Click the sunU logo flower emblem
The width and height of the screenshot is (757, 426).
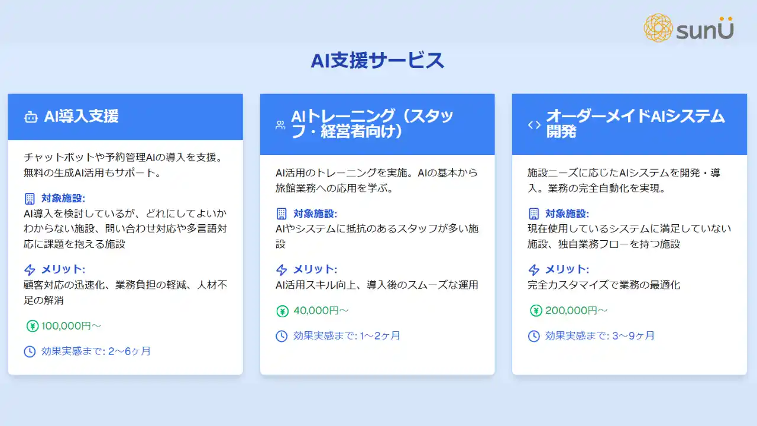658,28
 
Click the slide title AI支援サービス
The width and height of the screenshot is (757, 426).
377,60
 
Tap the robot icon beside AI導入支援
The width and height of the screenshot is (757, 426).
31,117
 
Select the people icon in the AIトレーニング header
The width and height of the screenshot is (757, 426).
280,125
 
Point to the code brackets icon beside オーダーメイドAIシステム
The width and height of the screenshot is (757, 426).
534,125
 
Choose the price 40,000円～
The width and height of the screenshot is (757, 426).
321,311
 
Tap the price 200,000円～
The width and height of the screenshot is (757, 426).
576,311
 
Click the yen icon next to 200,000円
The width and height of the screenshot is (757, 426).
536,311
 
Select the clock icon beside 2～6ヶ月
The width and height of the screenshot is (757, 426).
30,351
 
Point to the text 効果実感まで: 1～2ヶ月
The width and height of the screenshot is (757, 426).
347,335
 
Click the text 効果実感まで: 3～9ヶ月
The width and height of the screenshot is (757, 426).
600,335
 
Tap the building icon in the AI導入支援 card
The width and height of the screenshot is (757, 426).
30,198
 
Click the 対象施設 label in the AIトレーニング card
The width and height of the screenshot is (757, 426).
315,214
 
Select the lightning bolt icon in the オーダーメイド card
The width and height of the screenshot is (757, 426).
534,269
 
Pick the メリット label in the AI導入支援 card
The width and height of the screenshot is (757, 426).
63,269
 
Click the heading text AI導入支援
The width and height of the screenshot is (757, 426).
82,117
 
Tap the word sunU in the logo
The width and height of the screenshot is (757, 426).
705,28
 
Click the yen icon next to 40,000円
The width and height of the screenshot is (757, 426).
283,311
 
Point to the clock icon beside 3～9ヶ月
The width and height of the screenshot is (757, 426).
534,336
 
